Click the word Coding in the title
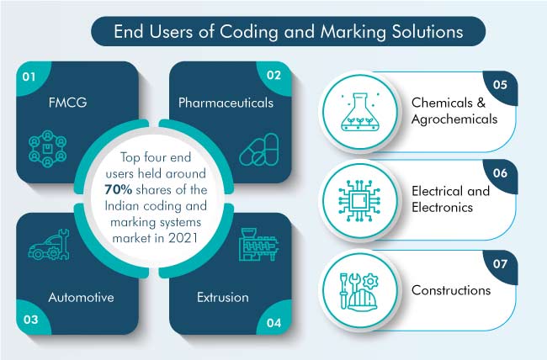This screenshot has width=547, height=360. click(x=249, y=33)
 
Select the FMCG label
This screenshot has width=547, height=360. click(x=67, y=103)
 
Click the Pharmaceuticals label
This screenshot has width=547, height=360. click(x=226, y=103)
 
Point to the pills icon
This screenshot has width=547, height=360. click(x=259, y=150)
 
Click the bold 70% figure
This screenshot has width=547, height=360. click(x=119, y=190)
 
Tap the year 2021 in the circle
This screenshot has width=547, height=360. click(x=183, y=238)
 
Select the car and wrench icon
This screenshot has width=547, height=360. click(x=49, y=245)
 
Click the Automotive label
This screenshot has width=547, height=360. click(x=82, y=297)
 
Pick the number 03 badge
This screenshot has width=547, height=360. click(x=31, y=318)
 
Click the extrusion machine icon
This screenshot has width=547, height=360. click(x=259, y=245)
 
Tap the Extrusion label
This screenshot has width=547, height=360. click(x=223, y=297)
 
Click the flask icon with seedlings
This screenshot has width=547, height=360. click(x=360, y=112)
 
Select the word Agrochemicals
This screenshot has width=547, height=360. click(x=454, y=119)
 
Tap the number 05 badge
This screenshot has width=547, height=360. click(x=500, y=86)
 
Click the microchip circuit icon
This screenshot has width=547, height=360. click(x=359, y=201)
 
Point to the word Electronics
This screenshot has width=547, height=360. click(x=442, y=208)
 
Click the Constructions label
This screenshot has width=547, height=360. click(x=451, y=290)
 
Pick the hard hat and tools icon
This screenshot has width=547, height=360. click(x=359, y=292)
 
